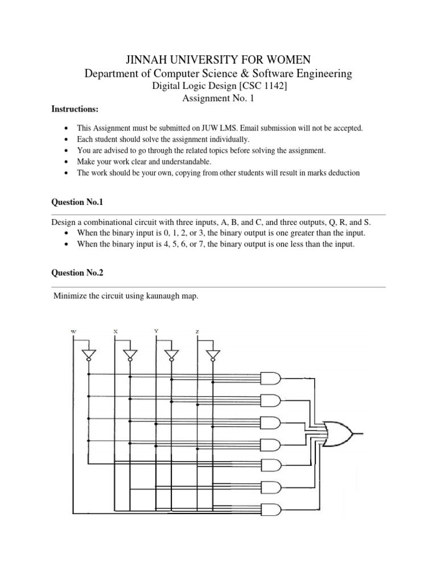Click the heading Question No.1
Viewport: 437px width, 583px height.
pyautogui.click(x=77, y=202)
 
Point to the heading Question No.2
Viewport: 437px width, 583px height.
pyautogui.click(x=77, y=273)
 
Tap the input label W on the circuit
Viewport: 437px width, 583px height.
pyautogui.click(x=73, y=331)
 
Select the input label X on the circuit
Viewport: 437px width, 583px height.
pyautogui.click(x=116, y=331)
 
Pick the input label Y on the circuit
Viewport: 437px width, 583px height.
pyautogui.click(x=156, y=331)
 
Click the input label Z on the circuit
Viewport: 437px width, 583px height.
pyautogui.click(x=197, y=331)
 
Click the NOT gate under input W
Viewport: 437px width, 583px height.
pyautogui.click(x=88, y=355)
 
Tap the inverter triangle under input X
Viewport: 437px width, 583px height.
pyautogui.click(x=130, y=355)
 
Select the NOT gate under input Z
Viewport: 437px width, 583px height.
pyautogui.click(x=212, y=355)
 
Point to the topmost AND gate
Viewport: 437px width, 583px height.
pyautogui.click(x=270, y=377)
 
